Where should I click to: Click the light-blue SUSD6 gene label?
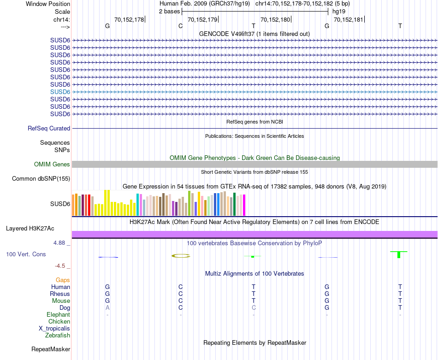(60, 92)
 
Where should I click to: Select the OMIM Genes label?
(52, 165)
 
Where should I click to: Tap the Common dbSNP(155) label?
(41, 179)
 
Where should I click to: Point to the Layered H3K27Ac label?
(30, 229)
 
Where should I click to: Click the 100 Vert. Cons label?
(26, 254)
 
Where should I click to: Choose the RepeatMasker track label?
(51, 349)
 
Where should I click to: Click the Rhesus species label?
(60, 294)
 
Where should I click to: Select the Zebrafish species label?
(58, 336)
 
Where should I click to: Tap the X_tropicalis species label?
(54, 329)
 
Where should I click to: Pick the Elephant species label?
(58, 315)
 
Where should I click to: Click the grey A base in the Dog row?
(107, 308)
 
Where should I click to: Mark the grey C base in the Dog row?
(254, 308)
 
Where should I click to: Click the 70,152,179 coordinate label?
(202, 19)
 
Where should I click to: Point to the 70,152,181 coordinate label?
(348, 19)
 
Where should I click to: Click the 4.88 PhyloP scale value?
(61, 243)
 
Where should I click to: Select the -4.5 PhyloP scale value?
(62, 266)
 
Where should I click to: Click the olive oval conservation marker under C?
(181, 256)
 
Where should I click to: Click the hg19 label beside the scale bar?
(339, 11)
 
